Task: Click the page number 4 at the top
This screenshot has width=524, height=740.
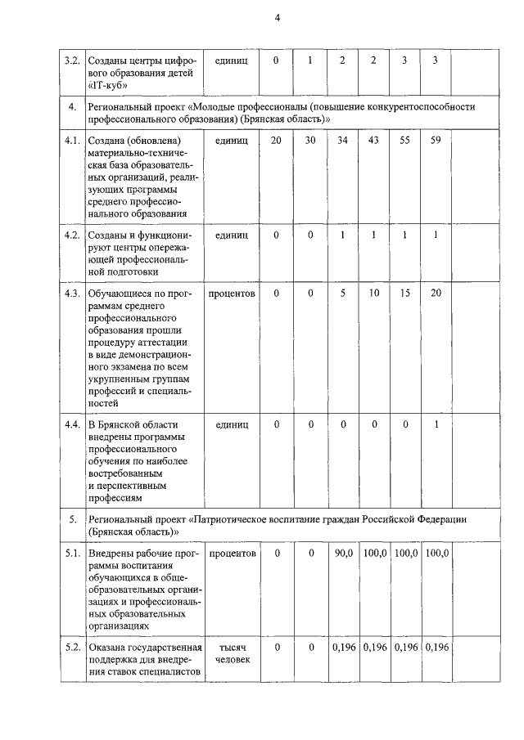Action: pyautogui.click(x=278, y=20)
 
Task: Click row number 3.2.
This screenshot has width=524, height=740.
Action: pyautogui.click(x=72, y=61)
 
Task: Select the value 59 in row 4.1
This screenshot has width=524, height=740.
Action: pyautogui.click(x=436, y=141)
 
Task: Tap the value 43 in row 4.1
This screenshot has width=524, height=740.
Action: pyautogui.click(x=373, y=141)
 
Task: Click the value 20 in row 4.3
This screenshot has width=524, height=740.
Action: pyautogui.click(x=436, y=293)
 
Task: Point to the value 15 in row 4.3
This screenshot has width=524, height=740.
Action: pyautogui.click(x=404, y=293)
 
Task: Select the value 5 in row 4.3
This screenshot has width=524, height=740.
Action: pyautogui.click(x=343, y=293)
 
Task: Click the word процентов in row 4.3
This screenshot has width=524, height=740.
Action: pyautogui.click(x=232, y=293)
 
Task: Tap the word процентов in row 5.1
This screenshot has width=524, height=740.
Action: pyautogui.click(x=232, y=554)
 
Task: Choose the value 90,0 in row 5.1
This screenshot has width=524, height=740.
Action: pyautogui.click(x=343, y=554)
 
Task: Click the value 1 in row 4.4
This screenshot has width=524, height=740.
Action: pyautogui.click(x=436, y=424)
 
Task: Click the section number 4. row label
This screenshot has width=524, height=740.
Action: pyautogui.click(x=72, y=107)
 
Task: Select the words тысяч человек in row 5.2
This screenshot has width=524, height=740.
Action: pyautogui.click(x=232, y=654)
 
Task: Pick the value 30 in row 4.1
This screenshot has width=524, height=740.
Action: pyautogui.click(x=310, y=141)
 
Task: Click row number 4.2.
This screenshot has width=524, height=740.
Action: pyautogui.click(x=72, y=235)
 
